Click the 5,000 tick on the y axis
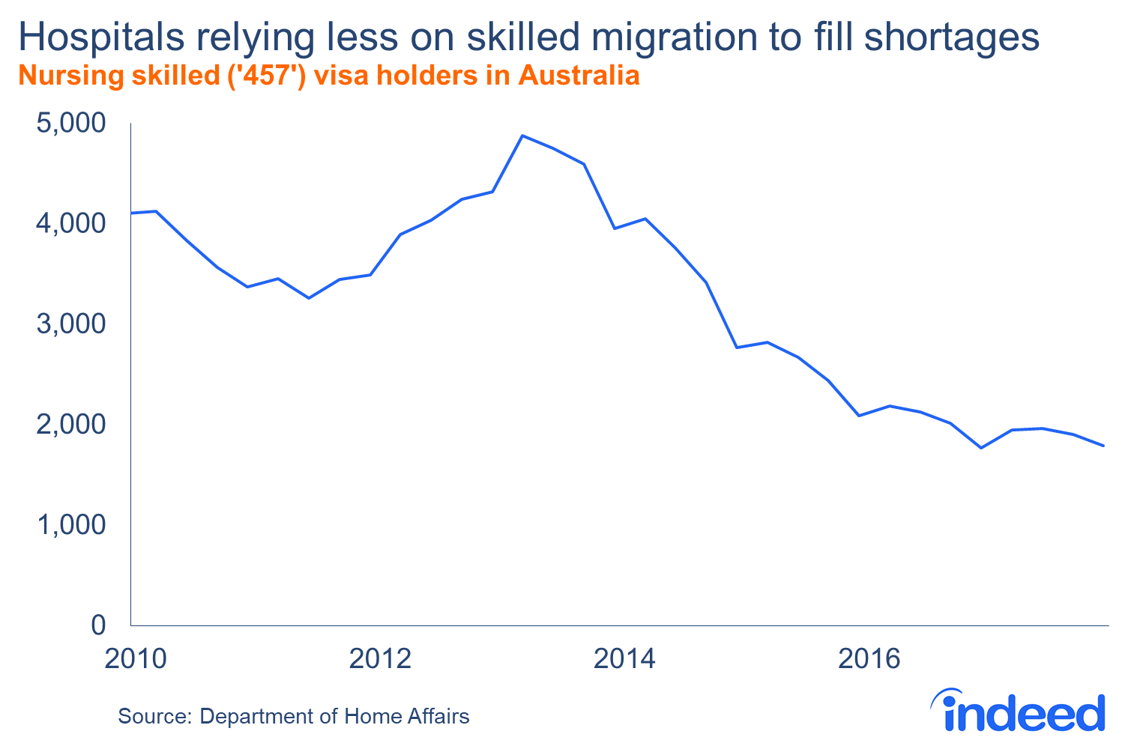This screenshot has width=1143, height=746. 71,123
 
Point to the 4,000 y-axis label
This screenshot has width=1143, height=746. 71,223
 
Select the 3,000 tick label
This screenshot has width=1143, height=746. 71,324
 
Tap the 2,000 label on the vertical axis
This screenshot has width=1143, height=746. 71,424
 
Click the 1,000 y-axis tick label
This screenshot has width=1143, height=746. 71,524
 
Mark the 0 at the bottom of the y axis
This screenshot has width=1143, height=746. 97,625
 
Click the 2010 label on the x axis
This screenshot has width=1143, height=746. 136,659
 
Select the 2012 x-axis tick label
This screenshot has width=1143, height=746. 381,659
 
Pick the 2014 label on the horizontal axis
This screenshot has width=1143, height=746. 624,659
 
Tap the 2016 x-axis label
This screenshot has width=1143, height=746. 869,659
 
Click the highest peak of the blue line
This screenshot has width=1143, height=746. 522,136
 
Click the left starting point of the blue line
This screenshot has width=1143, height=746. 132,213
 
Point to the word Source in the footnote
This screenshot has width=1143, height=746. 154,716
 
